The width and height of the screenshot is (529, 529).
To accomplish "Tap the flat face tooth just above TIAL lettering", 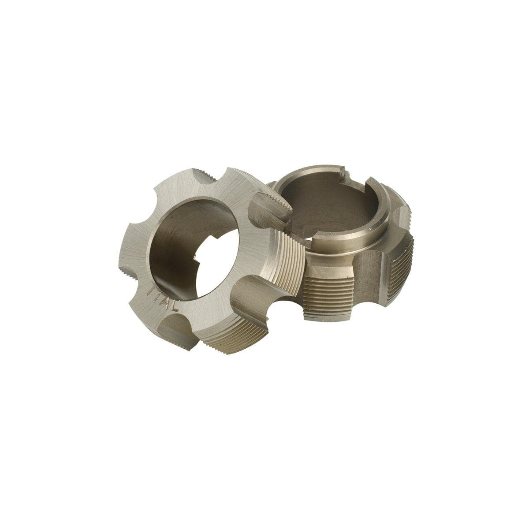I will click(139, 273).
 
